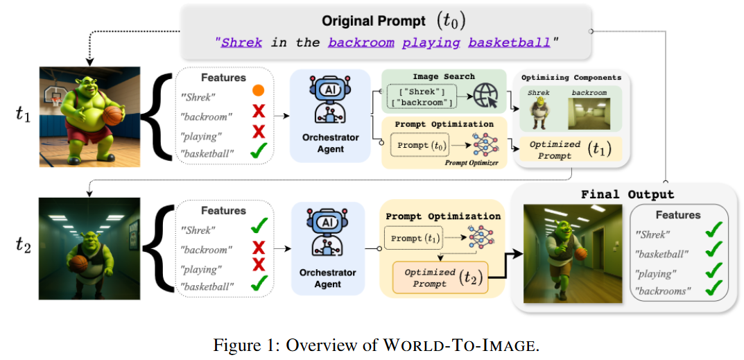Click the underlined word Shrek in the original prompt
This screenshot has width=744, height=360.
242,42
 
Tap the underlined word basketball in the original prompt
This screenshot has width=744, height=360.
509,42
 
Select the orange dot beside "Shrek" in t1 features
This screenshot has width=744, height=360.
259,91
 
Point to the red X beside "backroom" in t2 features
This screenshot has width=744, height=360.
259,247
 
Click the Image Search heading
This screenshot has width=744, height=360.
444,76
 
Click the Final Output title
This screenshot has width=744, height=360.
627,194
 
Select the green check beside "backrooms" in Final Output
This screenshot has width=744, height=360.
714,289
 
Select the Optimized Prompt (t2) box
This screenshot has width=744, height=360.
441,277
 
